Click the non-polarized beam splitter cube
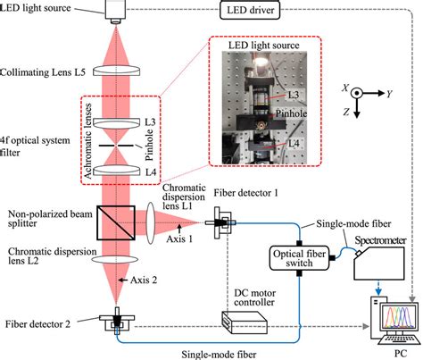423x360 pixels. click(117, 219)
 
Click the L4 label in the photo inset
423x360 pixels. click(291, 140)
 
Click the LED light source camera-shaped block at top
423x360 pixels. click(117, 11)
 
